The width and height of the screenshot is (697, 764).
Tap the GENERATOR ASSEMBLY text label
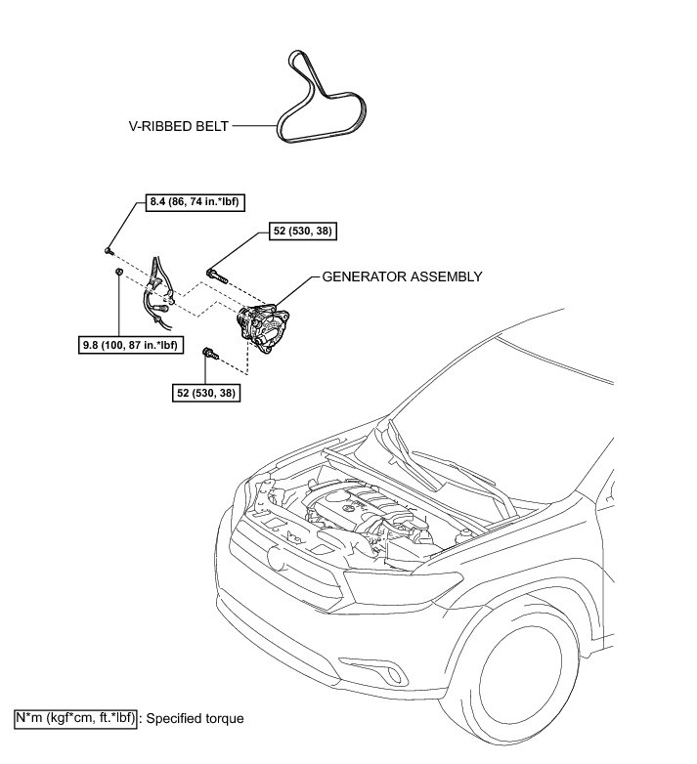click(403, 276)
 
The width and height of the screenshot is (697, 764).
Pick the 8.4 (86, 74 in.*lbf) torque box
click(188, 203)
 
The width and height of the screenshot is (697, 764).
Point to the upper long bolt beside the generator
click(217, 273)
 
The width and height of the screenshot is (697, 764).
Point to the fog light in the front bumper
click(395, 675)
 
